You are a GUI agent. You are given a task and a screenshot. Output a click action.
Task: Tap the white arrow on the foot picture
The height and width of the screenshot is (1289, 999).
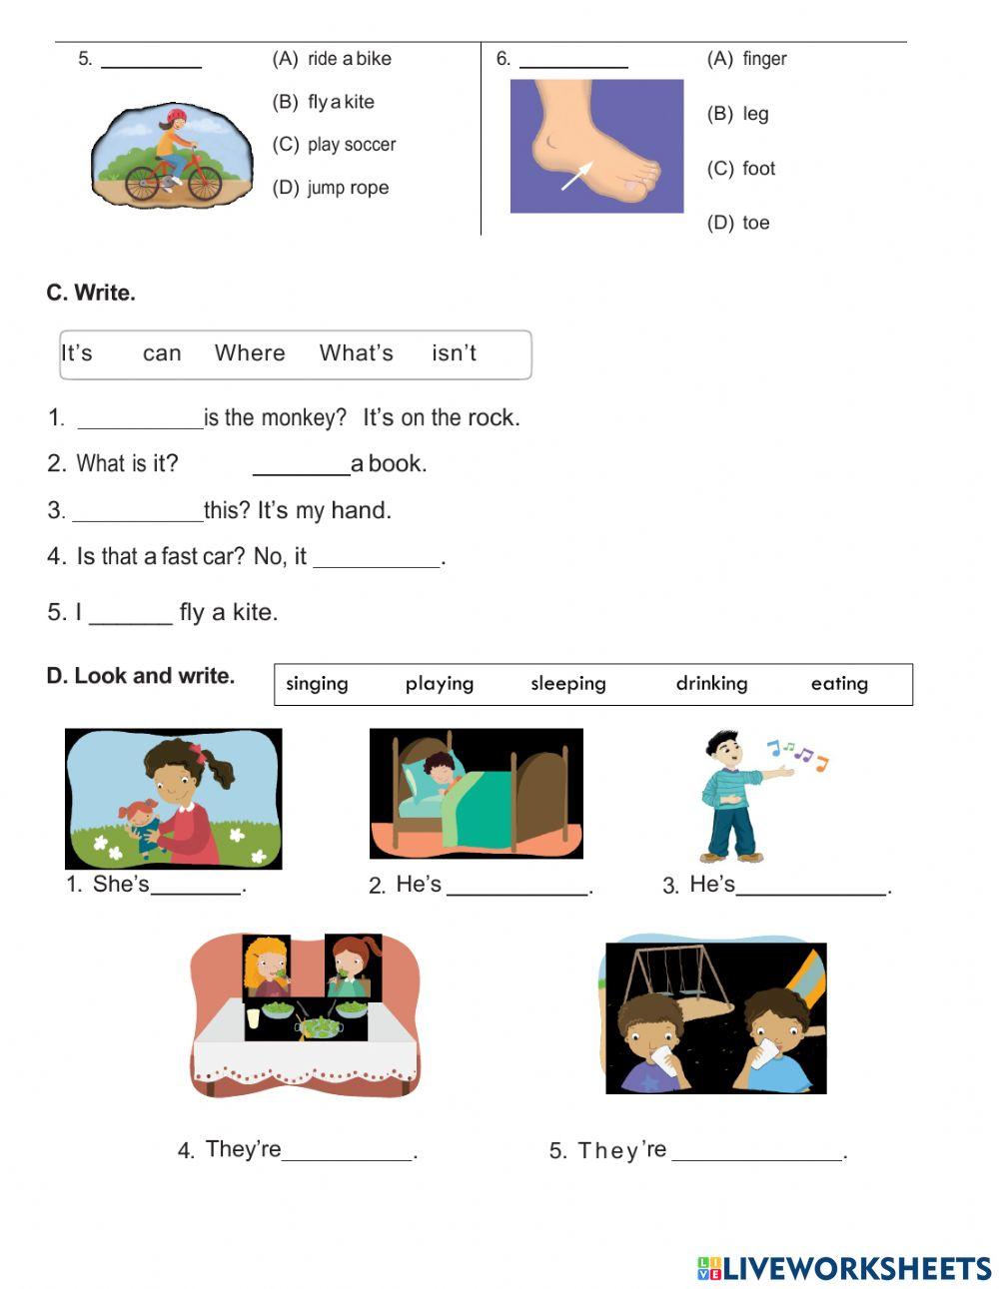[x=576, y=176]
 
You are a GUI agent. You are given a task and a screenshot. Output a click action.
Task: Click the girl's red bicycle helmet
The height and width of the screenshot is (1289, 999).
[x=177, y=117]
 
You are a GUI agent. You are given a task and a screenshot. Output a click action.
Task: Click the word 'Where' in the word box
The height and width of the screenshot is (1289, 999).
[x=250, y=353]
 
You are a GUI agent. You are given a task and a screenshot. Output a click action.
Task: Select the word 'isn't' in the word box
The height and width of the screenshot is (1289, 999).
[x=454, y=353]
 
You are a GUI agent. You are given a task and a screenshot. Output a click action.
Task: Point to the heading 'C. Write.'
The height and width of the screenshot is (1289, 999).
[x=91, y=294]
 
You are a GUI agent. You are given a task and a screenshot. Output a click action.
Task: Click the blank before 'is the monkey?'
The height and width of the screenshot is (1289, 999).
[x=140, y=419]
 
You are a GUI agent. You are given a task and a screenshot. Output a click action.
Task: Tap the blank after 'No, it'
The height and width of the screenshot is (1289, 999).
[x=377, y=558]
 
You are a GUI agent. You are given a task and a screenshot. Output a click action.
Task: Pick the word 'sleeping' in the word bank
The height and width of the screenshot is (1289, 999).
[x=567, y=684]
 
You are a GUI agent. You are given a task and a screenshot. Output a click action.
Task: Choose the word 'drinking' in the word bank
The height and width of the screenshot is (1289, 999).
[x=711, y=684]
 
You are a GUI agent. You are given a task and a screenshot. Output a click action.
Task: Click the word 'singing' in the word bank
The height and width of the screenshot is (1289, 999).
[x=317, y=684]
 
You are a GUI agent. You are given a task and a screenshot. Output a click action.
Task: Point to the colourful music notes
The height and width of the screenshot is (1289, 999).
[x=797, y=754]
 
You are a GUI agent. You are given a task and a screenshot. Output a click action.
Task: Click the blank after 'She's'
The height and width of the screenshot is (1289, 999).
[x=196, y=886]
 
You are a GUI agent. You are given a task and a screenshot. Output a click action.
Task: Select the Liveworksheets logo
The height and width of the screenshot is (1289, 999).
[x=844, y=1268]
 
